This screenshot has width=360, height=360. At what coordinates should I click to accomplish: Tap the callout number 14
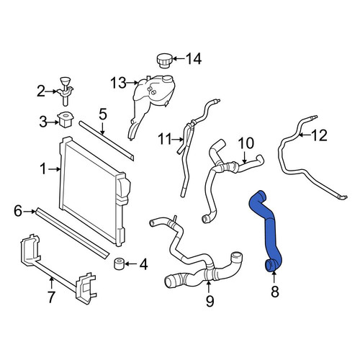point(194,59)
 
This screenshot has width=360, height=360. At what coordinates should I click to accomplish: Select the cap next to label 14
point(163,60)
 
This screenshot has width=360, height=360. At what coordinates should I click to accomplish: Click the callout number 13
point(118,83)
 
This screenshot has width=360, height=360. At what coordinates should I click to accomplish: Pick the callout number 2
point(41,91)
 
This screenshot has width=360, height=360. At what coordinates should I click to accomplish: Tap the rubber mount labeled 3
point(66,120)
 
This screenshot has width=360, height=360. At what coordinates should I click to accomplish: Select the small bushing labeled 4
point(119,264)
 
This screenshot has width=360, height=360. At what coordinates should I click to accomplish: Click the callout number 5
point(102,114)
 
